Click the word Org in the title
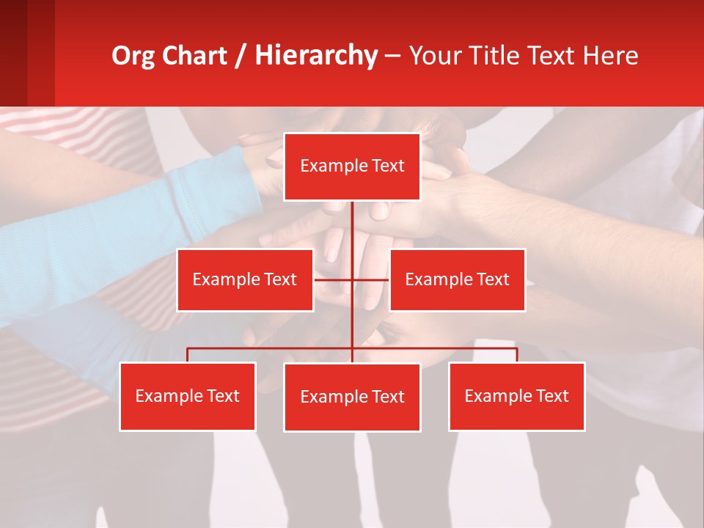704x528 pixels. tap(134, 56)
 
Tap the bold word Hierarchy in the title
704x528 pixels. tap(316, 56)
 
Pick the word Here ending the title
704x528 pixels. tap(609, 56)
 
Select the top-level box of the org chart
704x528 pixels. tap(352, 166)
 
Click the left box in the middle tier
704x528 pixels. tap(245, 279)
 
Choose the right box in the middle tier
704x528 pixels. tap(457, 279)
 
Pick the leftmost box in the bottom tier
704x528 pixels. tap(188, 396)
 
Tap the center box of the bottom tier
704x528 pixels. tap(352, 397)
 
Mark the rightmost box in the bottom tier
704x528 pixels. tap(516, 396)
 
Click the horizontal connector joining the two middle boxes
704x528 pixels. tap(334, 279)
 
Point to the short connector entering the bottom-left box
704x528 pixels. tap(188, 355)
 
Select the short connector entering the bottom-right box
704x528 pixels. tap(517, 355)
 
